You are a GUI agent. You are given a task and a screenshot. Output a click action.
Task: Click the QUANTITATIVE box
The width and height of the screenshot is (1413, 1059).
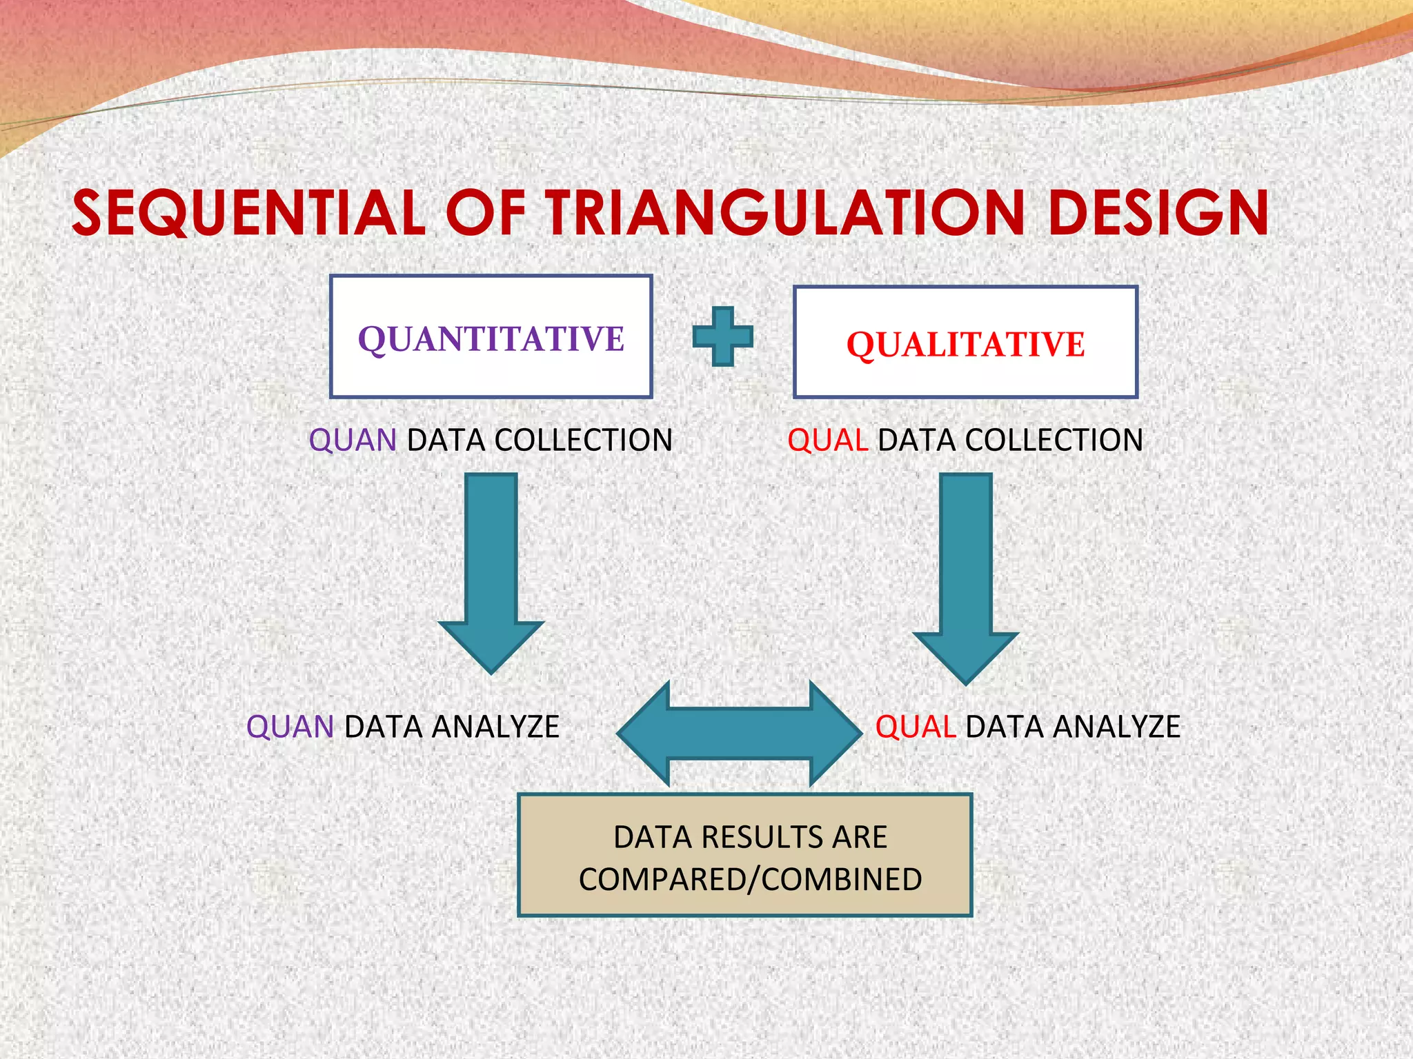(x=491, y=337)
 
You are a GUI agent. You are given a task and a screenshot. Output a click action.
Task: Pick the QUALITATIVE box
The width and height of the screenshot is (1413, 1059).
(x=965, y=343)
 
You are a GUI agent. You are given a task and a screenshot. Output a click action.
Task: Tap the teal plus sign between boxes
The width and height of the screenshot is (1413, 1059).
(x=722, y=336)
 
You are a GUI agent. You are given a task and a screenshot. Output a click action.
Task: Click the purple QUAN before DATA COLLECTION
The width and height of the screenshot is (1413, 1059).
(x=352, y=441)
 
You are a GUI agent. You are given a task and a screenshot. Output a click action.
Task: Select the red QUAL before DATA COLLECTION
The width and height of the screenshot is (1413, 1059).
(x=827, y=441)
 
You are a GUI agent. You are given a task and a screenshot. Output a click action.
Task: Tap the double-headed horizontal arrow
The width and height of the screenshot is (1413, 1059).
(x=739, y=734)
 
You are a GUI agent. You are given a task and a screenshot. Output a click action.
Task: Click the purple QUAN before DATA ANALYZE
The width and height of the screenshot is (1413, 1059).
(x=290, y=727)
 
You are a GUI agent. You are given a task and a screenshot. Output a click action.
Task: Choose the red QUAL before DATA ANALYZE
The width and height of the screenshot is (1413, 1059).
(x=916, y=727)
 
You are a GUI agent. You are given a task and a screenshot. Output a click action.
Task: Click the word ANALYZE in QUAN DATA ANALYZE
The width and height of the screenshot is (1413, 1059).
(x=495, y=727)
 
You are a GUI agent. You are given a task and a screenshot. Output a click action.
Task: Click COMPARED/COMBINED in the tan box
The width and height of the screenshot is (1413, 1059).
(x=750, y=880)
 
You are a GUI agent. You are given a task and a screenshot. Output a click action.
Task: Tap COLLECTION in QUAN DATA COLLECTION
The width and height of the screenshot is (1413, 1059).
(x=583, y=441)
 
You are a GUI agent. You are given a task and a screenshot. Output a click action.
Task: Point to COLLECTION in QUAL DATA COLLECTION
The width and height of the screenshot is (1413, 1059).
(x=1054, y=441)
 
